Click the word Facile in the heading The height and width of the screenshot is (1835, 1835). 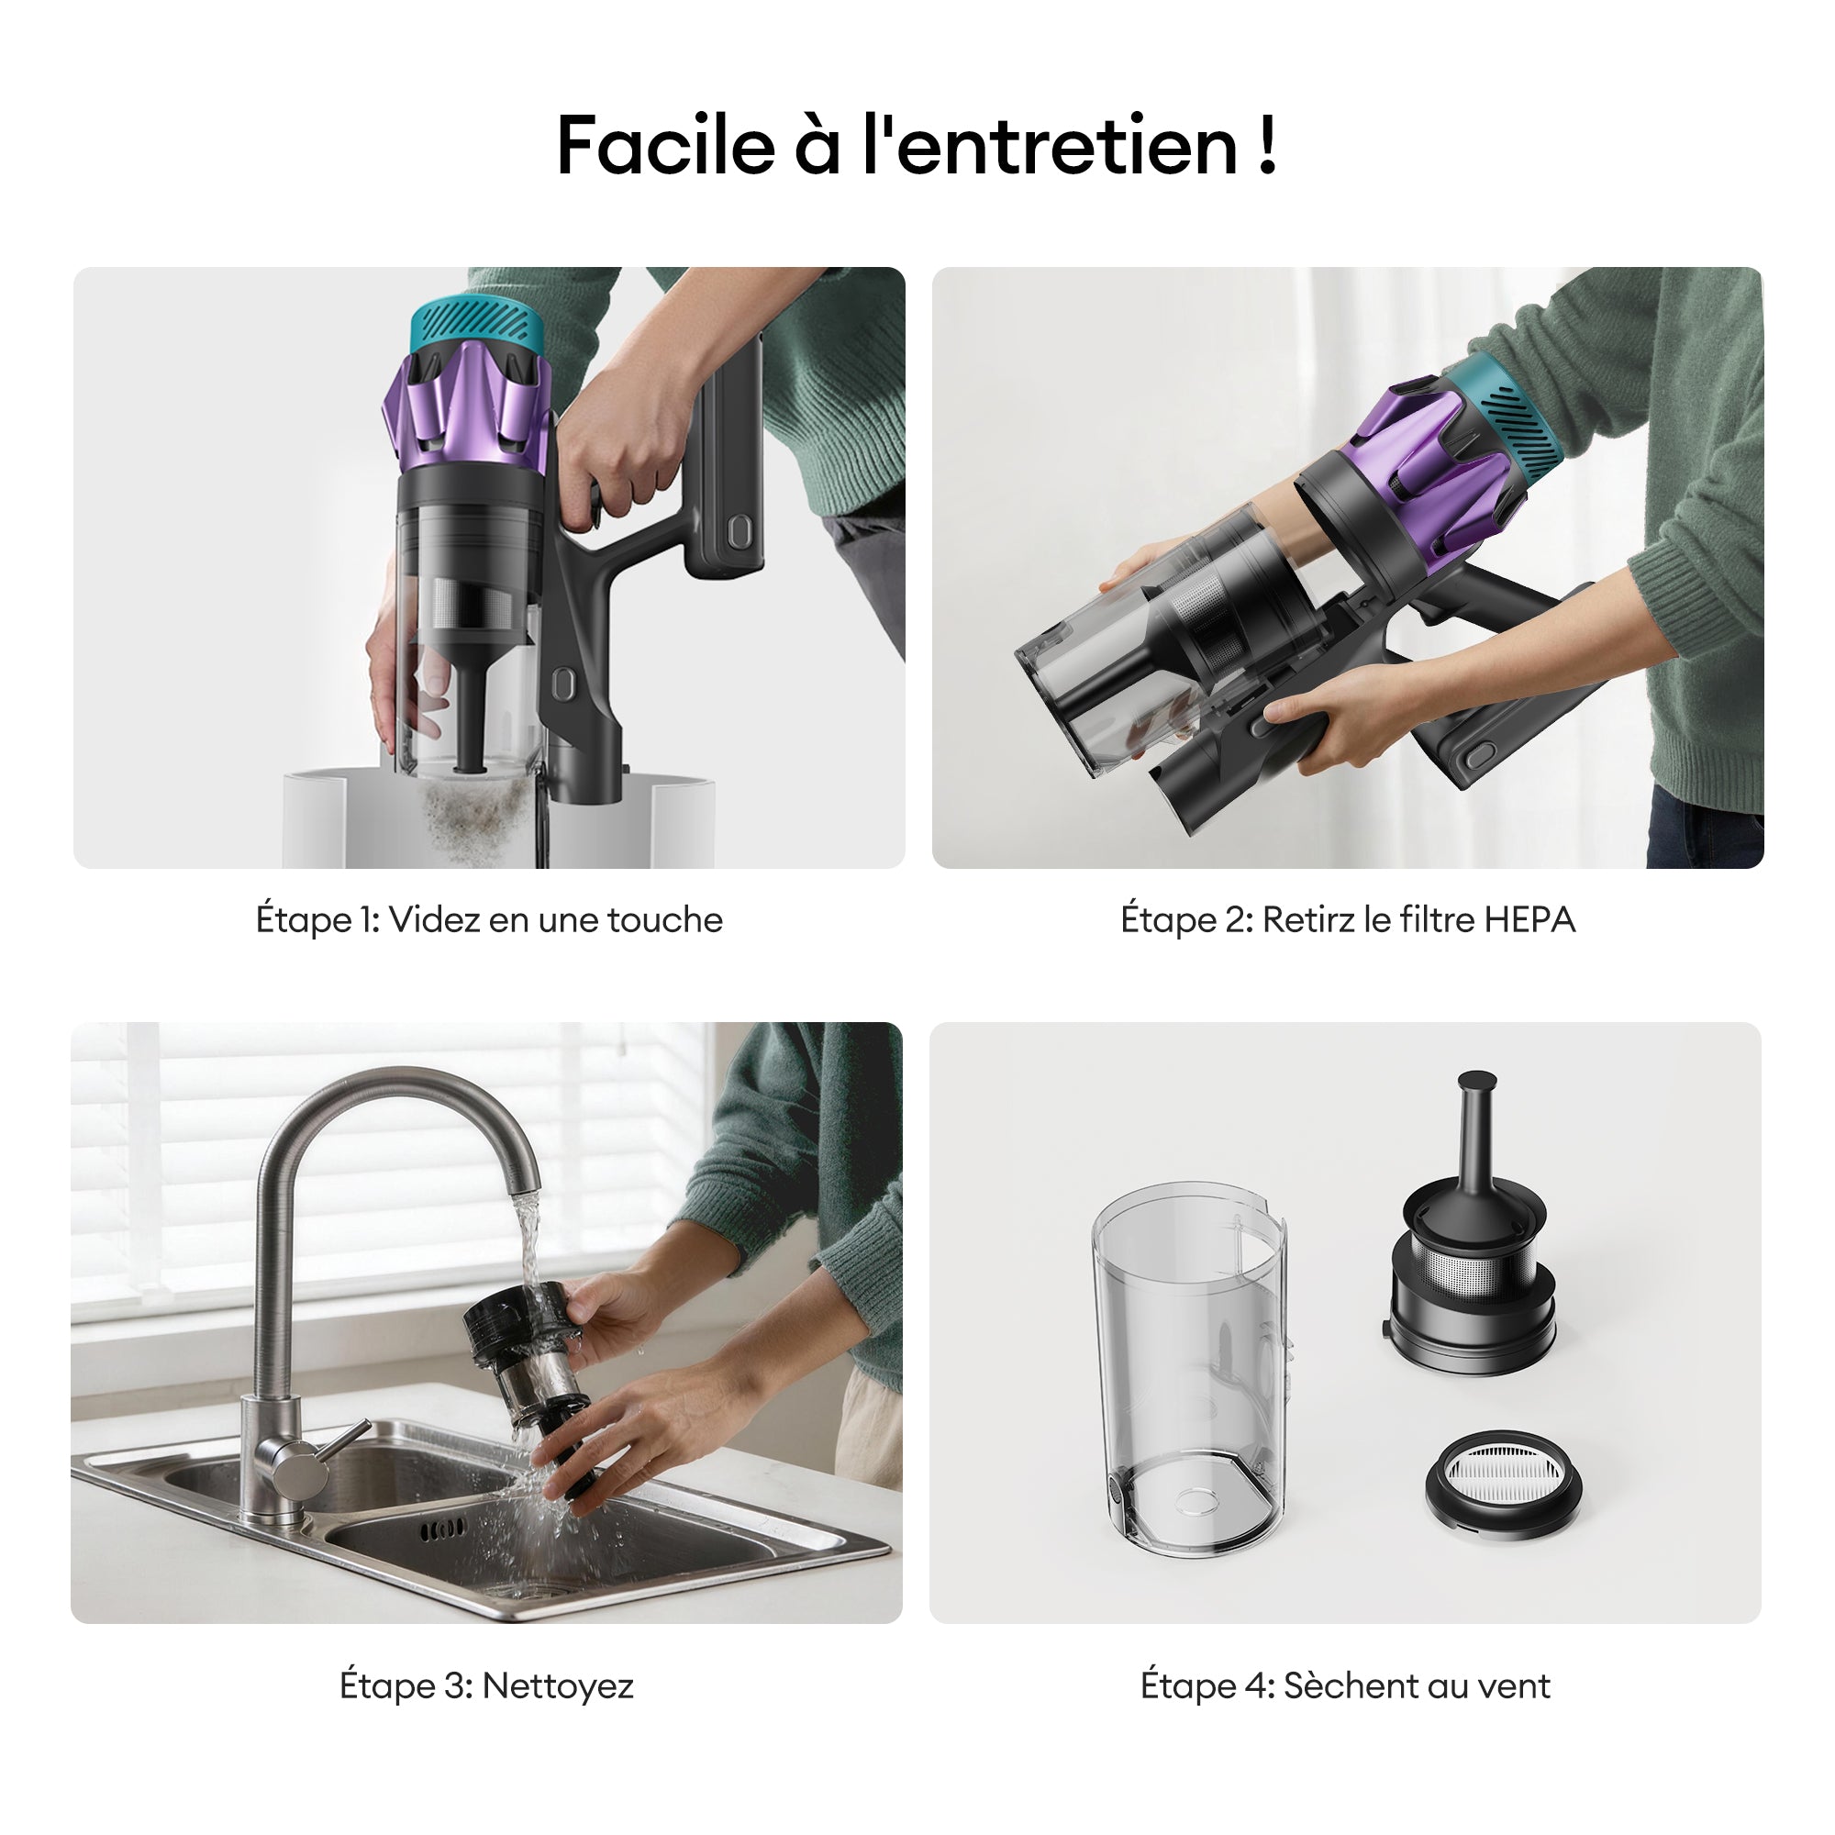[x=665, y=146]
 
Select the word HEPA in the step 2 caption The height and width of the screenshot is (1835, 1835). [x=1530, y=919]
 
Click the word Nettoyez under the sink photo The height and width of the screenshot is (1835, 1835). [x=558, y=1685]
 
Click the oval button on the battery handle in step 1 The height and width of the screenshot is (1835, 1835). [x=738, y=533]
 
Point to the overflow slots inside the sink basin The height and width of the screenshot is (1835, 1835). [x=442, y=1529]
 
